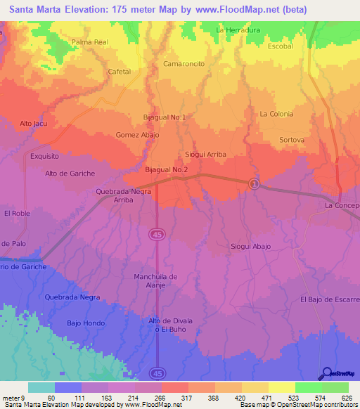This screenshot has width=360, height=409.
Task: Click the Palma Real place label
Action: (x=90, y=42)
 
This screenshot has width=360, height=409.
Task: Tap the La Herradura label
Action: (x=238, y=30)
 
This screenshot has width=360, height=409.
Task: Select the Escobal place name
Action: (x=280, y=46)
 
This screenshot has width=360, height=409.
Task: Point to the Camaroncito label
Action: (x=184, y=63)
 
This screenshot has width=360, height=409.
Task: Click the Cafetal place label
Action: (x=120, y=72)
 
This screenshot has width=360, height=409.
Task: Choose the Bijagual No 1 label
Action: (x=165, y=117)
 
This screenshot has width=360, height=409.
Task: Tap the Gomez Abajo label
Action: (x=138, y=135)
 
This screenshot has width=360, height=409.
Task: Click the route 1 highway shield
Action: (x=255, y=183)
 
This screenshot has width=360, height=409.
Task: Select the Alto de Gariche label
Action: (x=70, y=174)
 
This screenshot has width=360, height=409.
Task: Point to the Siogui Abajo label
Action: (x=251, y=247)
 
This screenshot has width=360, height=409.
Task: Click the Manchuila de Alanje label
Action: (x=157, y=280)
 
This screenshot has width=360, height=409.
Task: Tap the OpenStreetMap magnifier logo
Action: (x=326, y=374)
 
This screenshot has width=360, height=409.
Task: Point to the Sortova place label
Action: (x=292, y=140)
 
